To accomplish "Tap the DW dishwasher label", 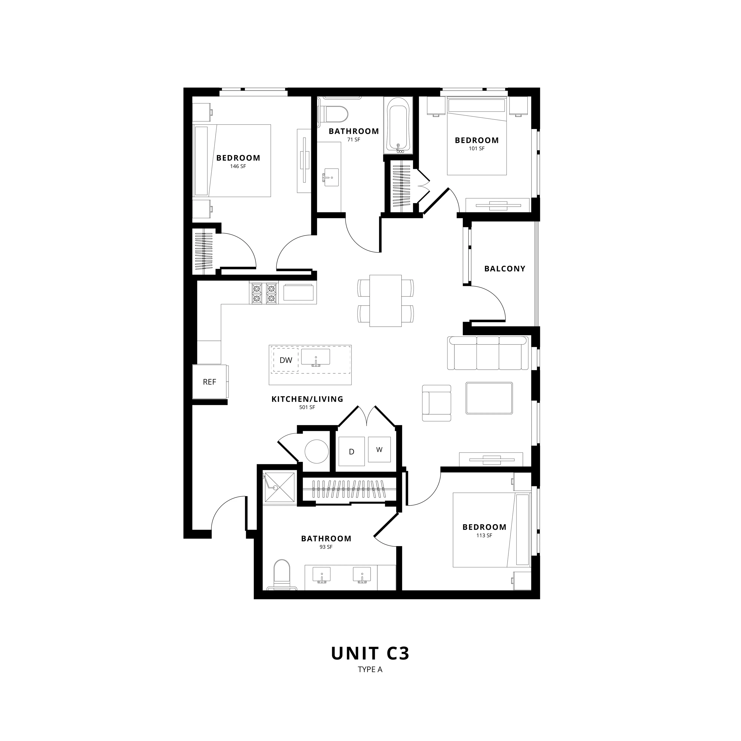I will point(286,360).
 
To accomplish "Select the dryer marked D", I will point(351,451).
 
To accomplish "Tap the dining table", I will point(386,301).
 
